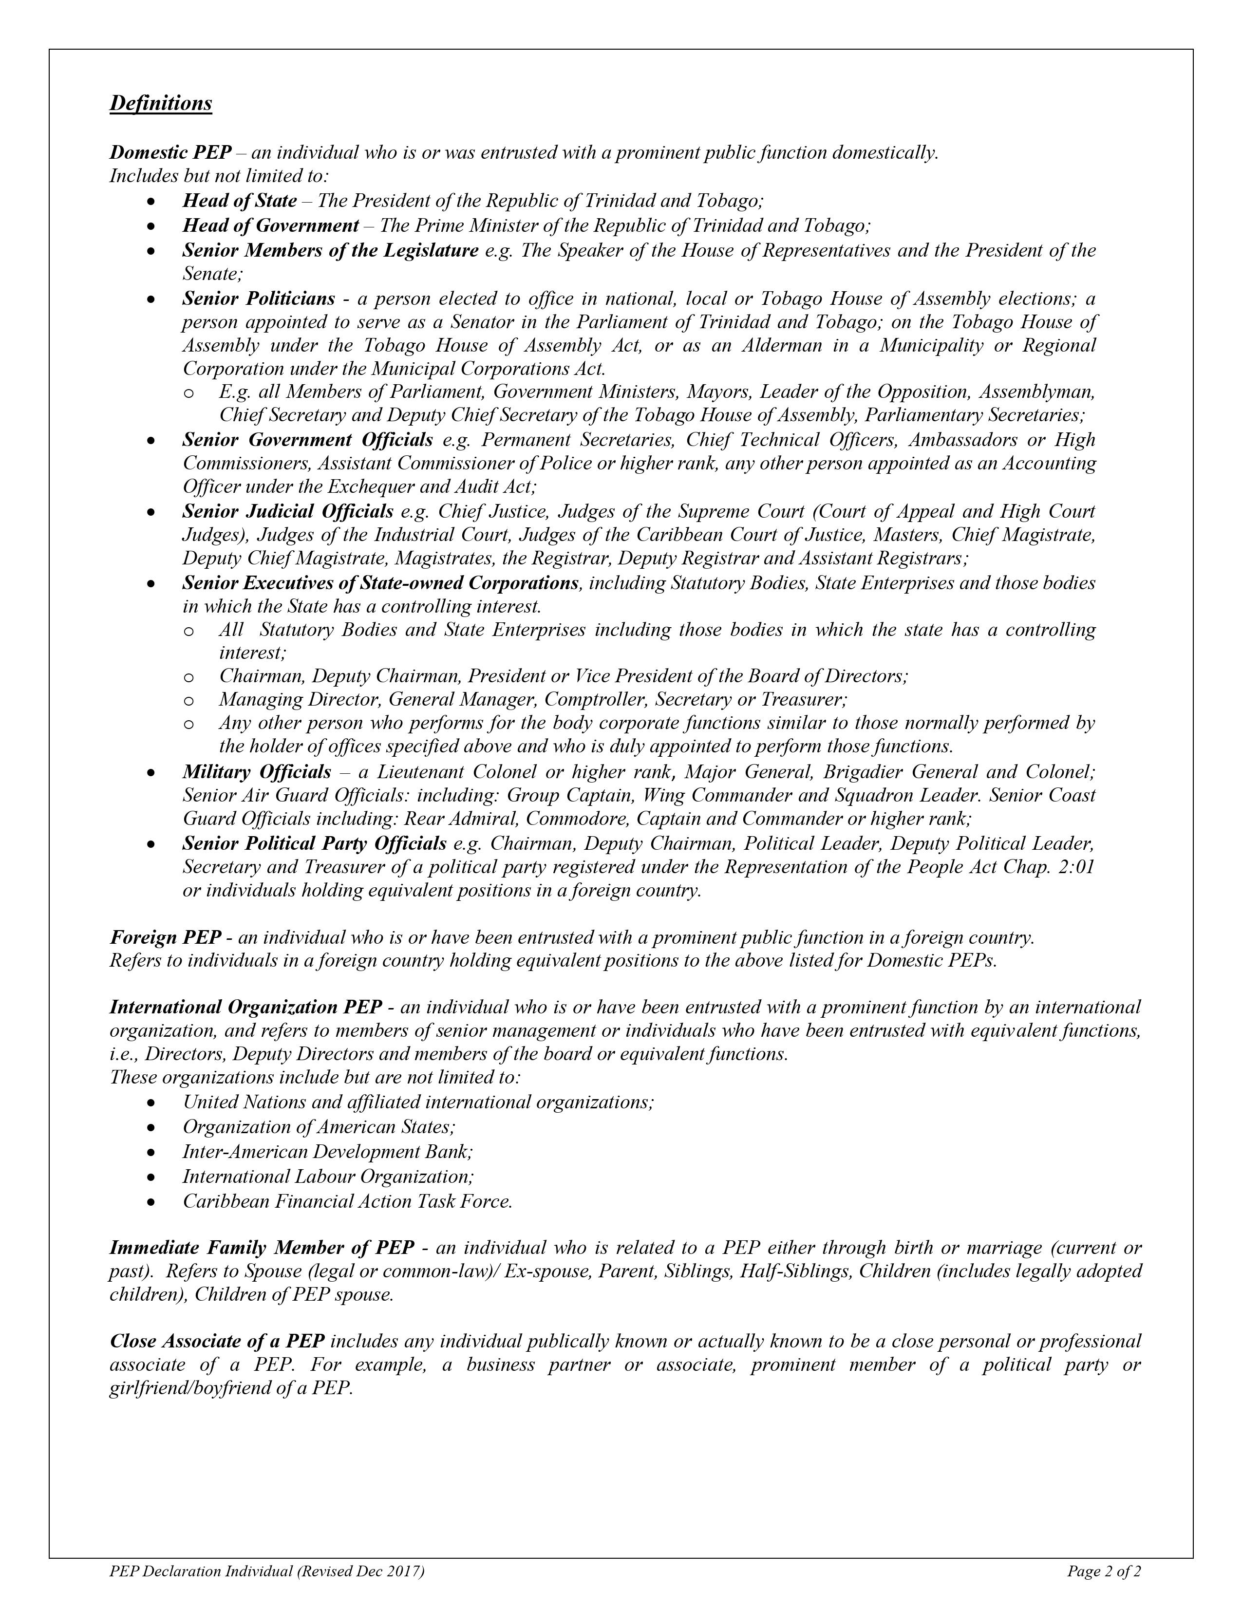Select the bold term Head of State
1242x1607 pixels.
tap(239, 201)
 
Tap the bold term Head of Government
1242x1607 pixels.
tap(270, 225)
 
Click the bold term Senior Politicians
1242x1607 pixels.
tap(258, 299)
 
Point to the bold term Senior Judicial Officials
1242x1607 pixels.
tap(288, 511)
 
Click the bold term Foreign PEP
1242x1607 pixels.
tap(165, 937)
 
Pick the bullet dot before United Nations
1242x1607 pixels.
tap(151, 1103)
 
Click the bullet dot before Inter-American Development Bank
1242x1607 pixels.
tap(151, 1152)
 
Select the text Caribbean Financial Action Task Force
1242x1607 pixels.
tap(347, 1201)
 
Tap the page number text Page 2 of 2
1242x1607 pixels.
tap(1104, 1572)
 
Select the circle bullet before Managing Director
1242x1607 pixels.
tap(188, 700)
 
